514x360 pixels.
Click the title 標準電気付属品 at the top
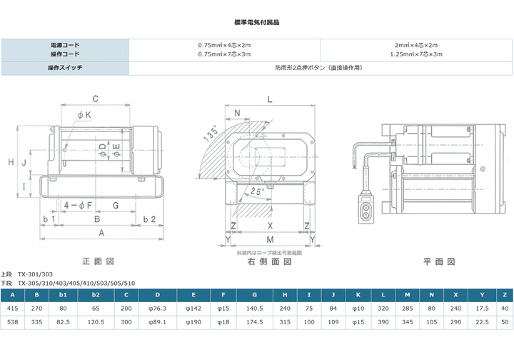tap(256, 23)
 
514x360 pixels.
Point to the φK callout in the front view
tap(84, 115)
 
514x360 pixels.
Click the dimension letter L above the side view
tap(269, 99)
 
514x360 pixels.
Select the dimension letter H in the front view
tap(11, 163)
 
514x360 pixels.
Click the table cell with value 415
tap(12, 308)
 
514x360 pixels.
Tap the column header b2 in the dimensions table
tap(96, 294)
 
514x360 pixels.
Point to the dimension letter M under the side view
tap(269, 238)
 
